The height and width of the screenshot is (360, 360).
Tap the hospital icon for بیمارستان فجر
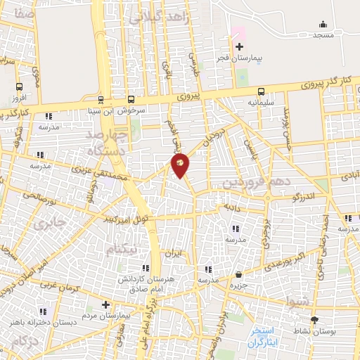coord(239,46)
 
